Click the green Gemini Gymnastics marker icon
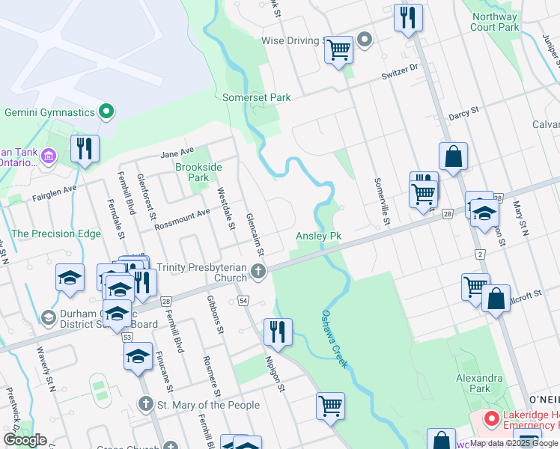106,112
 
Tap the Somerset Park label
256,97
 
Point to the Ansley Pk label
318,236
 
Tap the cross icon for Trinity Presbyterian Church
258,272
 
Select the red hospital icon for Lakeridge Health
491,418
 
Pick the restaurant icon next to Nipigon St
278,331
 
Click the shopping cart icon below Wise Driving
339,49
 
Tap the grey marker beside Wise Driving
365,39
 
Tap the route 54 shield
244,299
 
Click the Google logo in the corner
25,440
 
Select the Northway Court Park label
494,22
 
